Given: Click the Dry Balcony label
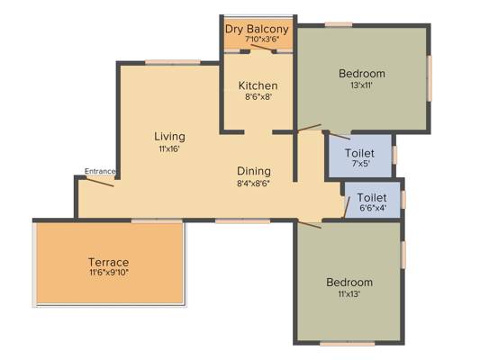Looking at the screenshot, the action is coord(257,30).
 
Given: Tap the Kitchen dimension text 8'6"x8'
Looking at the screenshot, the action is coord(258,97).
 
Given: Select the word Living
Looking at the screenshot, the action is coord(169,137).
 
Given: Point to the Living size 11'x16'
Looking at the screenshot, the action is coord(169,149).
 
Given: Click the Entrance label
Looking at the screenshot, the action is coord(100,171).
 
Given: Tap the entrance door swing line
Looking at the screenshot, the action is coord(100,182).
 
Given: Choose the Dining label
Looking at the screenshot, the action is coord(254,171).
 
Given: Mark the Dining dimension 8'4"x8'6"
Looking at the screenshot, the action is coord(255,184).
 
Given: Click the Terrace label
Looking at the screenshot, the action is coord(109,262).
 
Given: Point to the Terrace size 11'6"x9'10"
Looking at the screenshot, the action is coord(109,272).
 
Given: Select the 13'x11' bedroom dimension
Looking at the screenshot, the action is coord(361,85).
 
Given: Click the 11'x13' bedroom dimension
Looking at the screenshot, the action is coord(349,294).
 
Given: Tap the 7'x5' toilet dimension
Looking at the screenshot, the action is coord(361,163).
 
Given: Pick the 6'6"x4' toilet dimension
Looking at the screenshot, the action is coord(373,208).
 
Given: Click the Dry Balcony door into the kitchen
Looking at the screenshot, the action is coord(262,48).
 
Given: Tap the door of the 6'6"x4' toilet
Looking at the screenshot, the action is coord(347,207).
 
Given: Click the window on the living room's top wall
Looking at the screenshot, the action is coord(173,62).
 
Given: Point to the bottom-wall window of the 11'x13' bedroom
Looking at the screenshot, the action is coord(348,344).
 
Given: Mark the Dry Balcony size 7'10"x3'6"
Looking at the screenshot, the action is coord(262,40).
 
